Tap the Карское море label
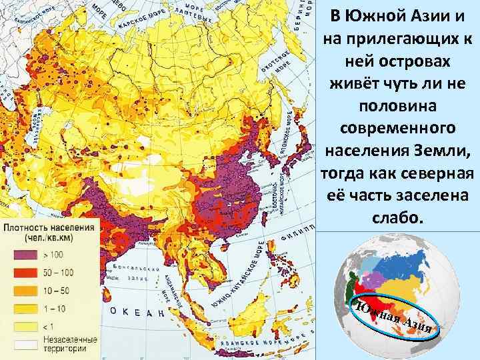[x=137, y=20]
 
